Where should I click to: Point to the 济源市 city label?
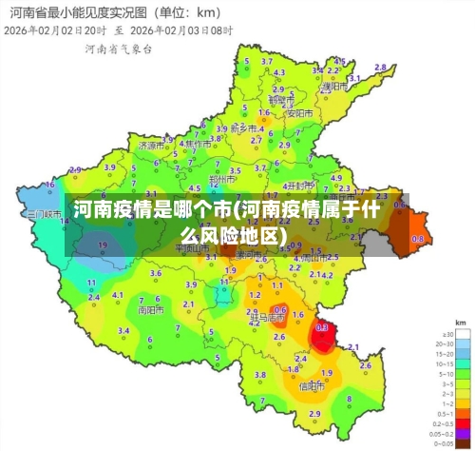pyautogui.click(x=150, y=147)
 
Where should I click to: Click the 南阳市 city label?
pyautogui.click(x=149, y=309)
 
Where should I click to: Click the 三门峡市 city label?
pyautogui.click(x=44, y=214)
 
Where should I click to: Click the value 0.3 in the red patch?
pyautogui.click(x=322, y=326)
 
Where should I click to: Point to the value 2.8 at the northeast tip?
pyautogui.click(x=380, y=67)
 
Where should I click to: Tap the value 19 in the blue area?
pyautogui.click(x=103, y=245)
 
